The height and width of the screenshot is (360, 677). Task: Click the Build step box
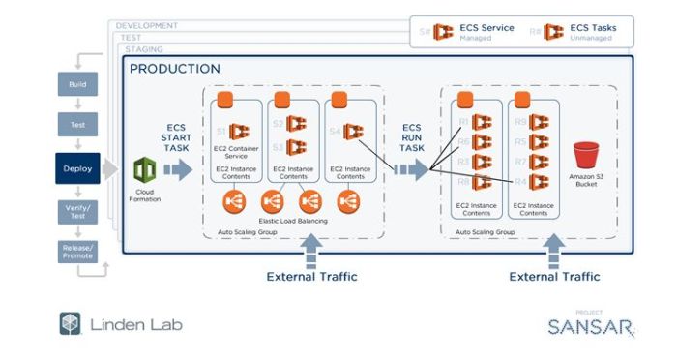coord(77,85)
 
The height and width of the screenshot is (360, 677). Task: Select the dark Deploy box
coord(77,168)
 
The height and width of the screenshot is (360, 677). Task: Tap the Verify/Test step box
coord(77,212)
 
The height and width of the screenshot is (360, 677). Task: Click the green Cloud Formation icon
coord(144,170)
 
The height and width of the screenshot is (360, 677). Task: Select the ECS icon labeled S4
coord(353,132)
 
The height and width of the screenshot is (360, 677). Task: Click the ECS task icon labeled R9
coord(541,123)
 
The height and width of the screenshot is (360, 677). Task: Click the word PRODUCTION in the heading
coord(175,69)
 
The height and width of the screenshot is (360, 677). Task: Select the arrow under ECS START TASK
coord(178,170)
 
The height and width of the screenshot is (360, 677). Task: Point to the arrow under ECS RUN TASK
coord(411,170)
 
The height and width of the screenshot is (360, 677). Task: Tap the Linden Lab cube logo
coord(70,323)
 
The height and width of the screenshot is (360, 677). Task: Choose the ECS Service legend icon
coord(443,32)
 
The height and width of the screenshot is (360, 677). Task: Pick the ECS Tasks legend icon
coord(553,32)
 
